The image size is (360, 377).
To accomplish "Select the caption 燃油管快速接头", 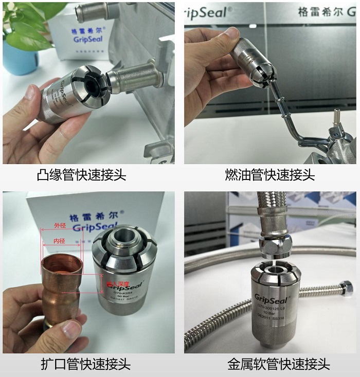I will pos(270,175).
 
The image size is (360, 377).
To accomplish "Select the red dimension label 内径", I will pos(60,240).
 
